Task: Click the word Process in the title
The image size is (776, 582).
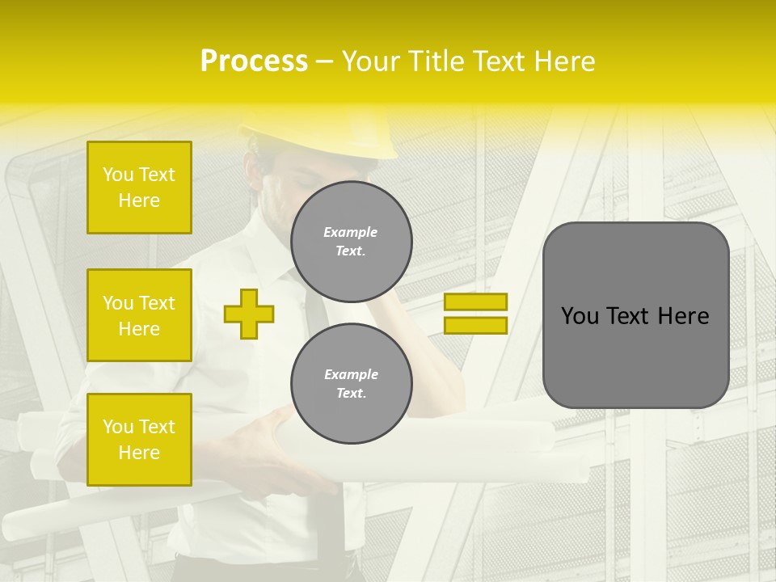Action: [254, 61]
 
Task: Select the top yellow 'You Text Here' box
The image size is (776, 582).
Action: [139, 188]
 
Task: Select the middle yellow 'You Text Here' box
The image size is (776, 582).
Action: [139, 315]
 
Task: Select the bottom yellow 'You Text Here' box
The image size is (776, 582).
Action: [139, 439]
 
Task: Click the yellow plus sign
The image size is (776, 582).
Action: [248, 314]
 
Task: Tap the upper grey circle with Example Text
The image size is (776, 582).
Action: [351, 241]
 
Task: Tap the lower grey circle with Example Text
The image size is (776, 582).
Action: [351, 383]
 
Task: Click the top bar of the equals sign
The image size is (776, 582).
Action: [475, 302]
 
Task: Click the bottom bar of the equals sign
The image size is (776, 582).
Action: [475, 325]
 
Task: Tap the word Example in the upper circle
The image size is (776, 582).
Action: [351, 232]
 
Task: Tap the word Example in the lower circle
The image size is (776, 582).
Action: [351, 374]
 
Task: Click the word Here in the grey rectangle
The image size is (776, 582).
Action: [683, 316]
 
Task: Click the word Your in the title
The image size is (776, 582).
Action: [371, 61]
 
